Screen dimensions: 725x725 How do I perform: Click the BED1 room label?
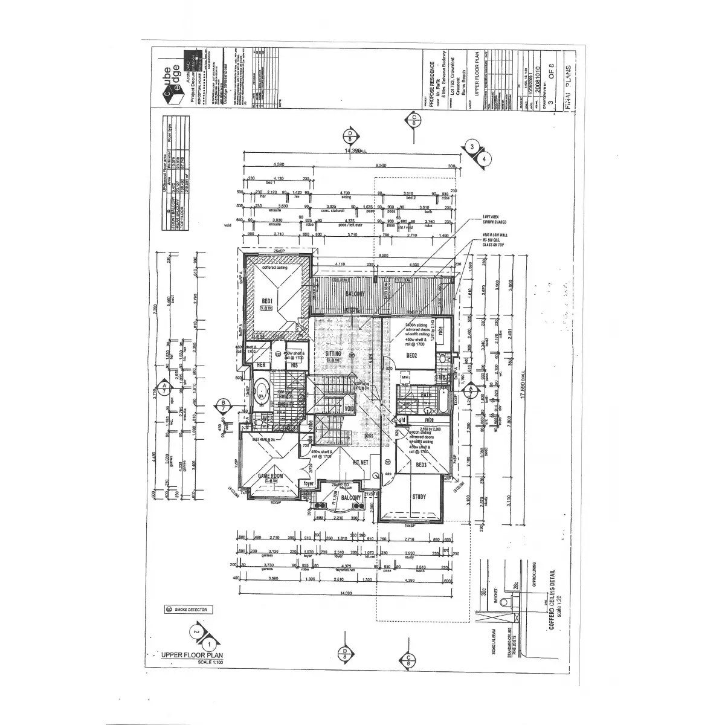point(267,300)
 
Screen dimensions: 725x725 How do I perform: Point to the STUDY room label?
point(419,497)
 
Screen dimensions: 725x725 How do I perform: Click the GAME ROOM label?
point(271,475)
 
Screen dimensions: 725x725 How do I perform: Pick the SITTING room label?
point(333,353)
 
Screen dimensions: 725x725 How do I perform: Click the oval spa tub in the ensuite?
point(262,391)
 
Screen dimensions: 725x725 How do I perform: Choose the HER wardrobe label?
point(262,366)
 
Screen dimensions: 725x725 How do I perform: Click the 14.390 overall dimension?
point(352,150)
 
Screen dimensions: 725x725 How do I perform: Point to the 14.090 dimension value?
point(345,593)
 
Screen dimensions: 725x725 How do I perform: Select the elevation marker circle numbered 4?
point(485,159)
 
